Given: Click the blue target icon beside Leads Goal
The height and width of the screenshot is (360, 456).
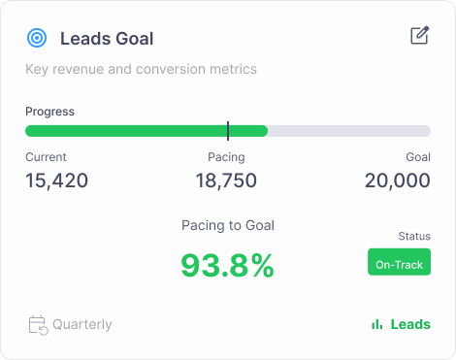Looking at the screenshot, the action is tap(37, 38).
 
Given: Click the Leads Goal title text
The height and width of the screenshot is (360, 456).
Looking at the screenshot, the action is tap(107, 39).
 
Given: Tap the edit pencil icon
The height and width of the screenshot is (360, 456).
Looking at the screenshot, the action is tap(420, 35).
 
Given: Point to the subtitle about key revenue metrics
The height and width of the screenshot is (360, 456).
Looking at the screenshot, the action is tap(141, 69).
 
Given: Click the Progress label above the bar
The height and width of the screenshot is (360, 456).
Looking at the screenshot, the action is tap(49, 112).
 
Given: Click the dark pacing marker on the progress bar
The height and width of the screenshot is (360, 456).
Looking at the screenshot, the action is tap(228, 131).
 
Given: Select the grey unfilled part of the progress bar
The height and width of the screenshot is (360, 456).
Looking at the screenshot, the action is tap(349, 131).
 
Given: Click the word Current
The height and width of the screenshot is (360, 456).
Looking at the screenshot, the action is tap(46, 157).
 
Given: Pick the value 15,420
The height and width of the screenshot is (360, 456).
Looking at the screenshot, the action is tap(56, 180).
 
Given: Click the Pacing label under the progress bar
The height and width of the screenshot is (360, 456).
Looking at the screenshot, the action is tap(226, 157).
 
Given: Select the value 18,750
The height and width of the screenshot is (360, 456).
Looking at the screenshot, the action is tap(226, 180).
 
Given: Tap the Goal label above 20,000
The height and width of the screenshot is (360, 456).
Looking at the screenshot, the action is tap(418, 157).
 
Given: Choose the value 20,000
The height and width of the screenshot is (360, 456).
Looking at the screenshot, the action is tap(398, 180).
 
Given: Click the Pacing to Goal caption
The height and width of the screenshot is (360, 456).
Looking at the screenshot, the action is tap(228, 225).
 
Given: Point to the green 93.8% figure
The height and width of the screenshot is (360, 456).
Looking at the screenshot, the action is tap(228, 266).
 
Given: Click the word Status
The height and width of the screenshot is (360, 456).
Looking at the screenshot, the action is tap(414, 236).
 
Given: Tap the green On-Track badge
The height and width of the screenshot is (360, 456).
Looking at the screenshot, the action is tap(399, 262).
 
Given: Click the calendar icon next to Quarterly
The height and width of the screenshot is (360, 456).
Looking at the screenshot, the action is tap(38, 325).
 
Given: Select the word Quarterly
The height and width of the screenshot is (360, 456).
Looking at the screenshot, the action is tap(82, 324).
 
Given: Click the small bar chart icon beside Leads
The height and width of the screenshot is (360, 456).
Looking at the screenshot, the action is tap(376, 324).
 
